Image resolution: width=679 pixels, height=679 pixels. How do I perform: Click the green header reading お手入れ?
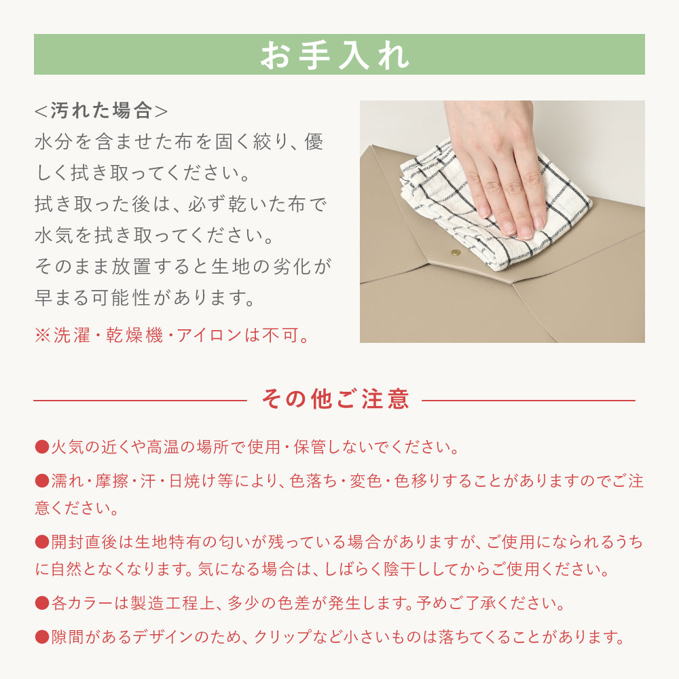(x=339, y=54)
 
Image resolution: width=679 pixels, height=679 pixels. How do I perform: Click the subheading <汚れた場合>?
(x=101, y=111)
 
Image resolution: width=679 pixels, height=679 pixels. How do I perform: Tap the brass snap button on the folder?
(x=456, y=252)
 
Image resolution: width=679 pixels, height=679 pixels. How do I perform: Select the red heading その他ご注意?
(x=335, y=399)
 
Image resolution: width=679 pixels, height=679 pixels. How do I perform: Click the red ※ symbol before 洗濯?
(x=42, y=335)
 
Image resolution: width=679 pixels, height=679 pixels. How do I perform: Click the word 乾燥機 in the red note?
(x=134, y=335)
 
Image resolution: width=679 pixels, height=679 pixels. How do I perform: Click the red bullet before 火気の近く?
(x=42, y=447)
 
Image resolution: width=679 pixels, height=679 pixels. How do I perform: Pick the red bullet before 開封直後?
(x=42, y=542)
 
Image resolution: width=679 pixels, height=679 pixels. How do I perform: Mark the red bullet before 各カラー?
(x=42, y=603)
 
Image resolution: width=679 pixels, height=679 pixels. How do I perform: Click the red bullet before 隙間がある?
(x=42, y=637)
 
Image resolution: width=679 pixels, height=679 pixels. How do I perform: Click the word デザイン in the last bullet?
(x=163, y=637)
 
